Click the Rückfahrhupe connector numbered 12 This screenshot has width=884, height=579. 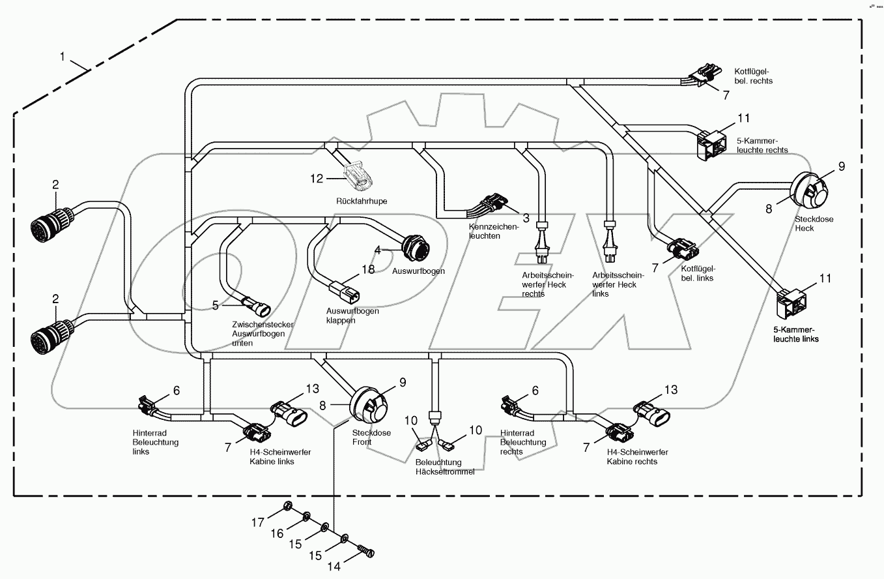(x=357, y=175)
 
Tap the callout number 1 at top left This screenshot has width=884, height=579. (x=63, y=57)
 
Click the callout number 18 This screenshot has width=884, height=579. (x=368, y=270)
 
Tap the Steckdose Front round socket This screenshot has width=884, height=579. (x=369, y=404)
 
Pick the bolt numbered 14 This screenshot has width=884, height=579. (x=367, y=552)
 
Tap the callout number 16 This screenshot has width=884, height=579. (x=277, y=533)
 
